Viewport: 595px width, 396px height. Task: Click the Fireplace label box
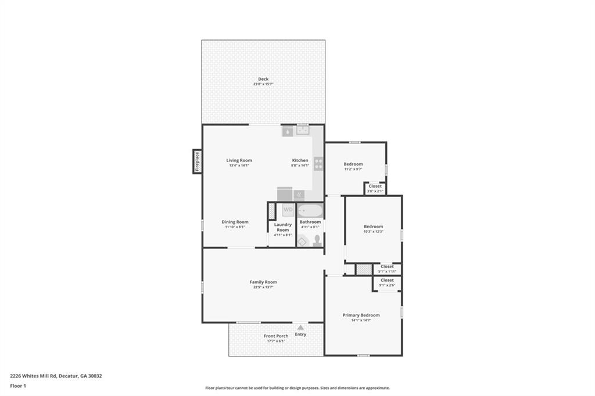198,161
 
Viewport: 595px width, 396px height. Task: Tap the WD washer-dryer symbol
288,209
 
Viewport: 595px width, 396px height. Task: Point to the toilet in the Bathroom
317,241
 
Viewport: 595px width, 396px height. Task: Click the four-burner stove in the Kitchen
318,164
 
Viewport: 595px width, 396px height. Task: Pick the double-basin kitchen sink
303,131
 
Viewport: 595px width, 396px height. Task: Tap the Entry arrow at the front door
300,328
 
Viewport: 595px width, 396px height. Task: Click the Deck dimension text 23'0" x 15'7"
263,84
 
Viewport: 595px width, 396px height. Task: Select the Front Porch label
276,336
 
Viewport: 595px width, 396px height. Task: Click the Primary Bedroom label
361,315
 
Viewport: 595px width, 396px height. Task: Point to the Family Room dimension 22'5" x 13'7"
263,287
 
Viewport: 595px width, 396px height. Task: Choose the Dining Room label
235,222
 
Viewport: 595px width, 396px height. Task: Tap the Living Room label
239,160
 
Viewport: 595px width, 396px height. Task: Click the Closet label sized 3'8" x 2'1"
375,186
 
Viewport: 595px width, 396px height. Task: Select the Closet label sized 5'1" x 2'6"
387,280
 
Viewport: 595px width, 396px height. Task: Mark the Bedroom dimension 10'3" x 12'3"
373,232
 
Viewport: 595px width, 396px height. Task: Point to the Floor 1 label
18,386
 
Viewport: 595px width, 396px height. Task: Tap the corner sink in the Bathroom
303,240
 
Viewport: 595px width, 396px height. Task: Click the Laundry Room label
282,228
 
